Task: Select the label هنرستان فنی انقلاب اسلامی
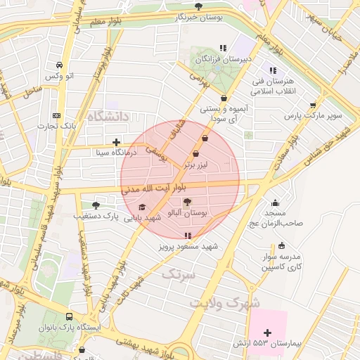click(x=274, y=86)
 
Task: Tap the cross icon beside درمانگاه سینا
click(x=116, y=142)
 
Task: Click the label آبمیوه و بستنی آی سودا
click(x=224, y=114)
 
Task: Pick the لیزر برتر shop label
click(x=195, y=164)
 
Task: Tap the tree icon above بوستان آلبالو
click(x=186, y=202)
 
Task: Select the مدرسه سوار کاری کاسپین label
click(x=282, y=262)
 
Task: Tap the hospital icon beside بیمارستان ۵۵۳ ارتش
click(x=266, y=332)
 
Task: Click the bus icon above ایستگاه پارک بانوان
click(x=69, y=317)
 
